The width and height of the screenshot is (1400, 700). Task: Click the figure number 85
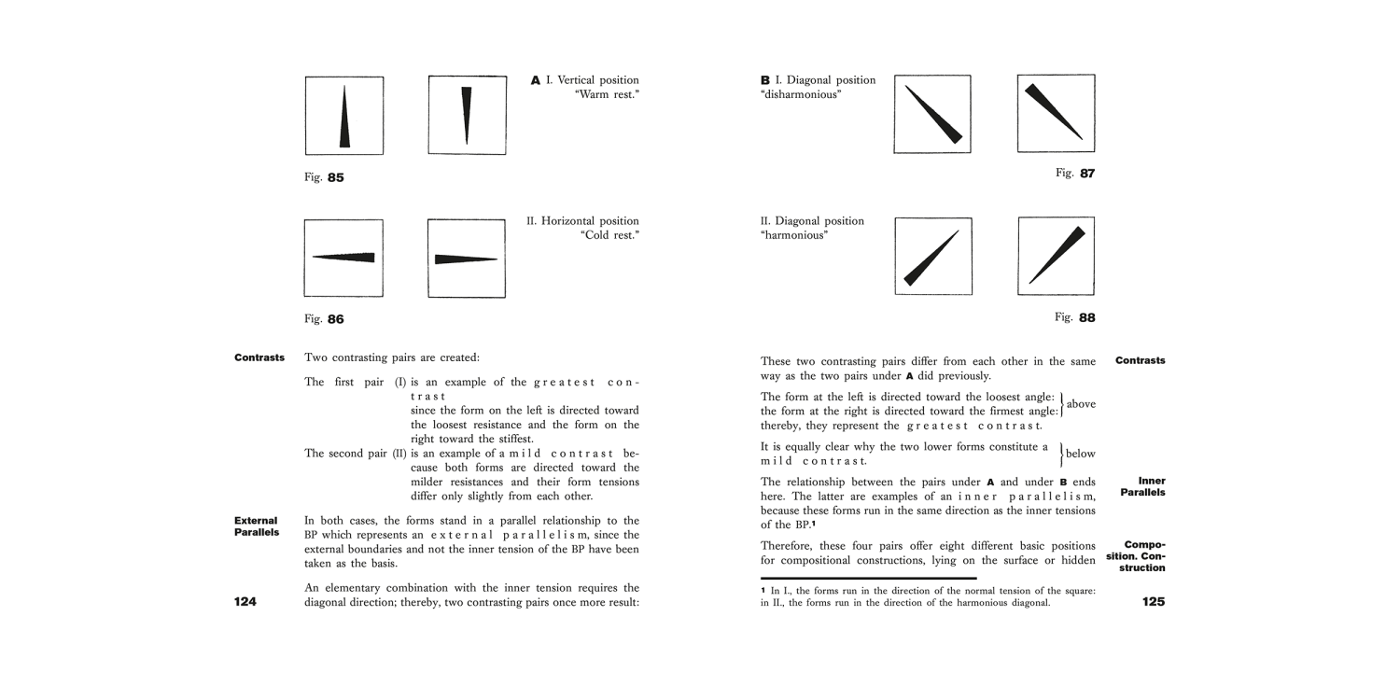click(335, 177)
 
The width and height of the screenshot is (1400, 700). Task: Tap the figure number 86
click(335, 319)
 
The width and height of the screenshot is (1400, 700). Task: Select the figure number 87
click(1087, 174)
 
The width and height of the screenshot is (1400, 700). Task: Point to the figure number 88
click(1087, 317)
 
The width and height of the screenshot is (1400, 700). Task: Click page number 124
click(245, 602)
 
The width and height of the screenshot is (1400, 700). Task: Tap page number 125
click(1153, 602)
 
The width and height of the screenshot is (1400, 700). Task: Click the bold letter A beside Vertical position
click(536, 81)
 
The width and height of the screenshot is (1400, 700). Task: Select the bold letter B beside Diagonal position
click(765, 81)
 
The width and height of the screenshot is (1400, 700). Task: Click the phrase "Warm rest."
click(607, 95)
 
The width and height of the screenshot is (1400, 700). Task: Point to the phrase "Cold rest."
click(609, 235)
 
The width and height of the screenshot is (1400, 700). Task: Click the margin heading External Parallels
click(256, 526)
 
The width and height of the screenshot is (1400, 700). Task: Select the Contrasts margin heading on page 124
click(259, 357)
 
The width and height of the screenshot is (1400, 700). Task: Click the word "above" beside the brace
click(1081, 404)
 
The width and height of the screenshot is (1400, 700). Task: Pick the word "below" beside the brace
click(1081, 454)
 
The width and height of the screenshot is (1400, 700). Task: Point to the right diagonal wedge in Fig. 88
click(1057, 253)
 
